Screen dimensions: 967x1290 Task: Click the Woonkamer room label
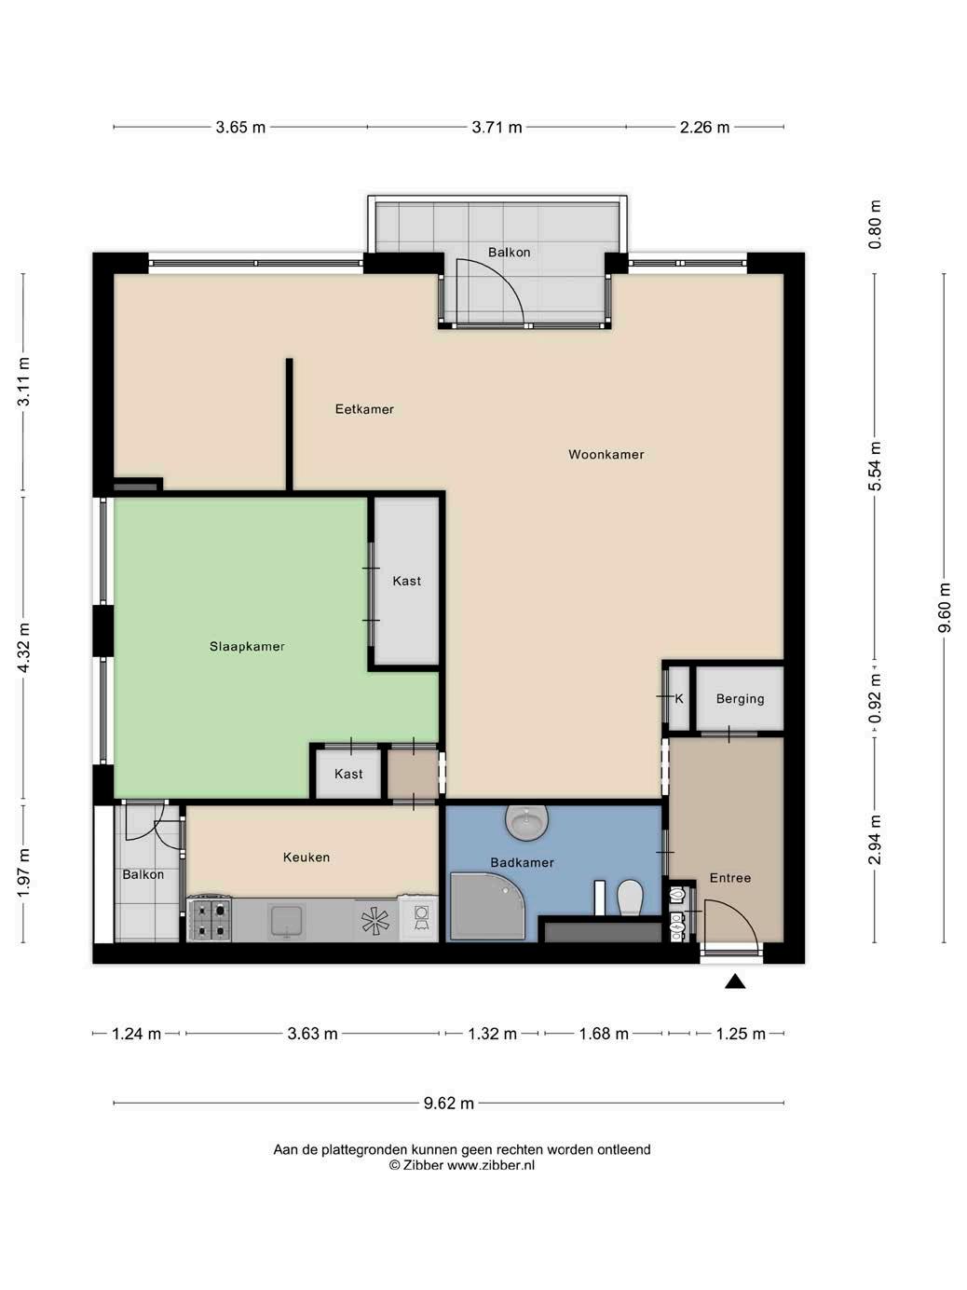(x=606, y=454)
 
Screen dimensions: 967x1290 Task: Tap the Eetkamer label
(x=364, y=409)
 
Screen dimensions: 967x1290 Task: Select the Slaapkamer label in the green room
(x=247, y=647)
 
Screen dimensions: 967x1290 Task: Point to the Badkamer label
(x=522, y=862)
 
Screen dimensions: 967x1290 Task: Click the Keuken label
(x=306, y=857)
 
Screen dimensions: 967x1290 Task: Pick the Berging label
(x=740, y=699)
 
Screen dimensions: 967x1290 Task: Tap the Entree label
(x=729, y=877)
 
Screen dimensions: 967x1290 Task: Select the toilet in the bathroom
(x=631, y=898)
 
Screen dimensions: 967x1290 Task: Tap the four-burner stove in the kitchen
(x=210, y=920)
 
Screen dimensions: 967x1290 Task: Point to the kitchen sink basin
(x=286, y=921)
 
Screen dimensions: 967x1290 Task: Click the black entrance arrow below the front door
(x=734, y=981)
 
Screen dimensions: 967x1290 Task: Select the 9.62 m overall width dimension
(x=449, y=1103)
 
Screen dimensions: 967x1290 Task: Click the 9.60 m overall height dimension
(x=944, y=608)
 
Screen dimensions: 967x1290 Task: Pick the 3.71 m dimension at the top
(x=497, y=127)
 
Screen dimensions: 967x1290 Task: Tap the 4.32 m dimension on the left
(x=23, y=647)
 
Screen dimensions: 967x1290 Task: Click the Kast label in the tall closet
(x=407, y=581)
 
